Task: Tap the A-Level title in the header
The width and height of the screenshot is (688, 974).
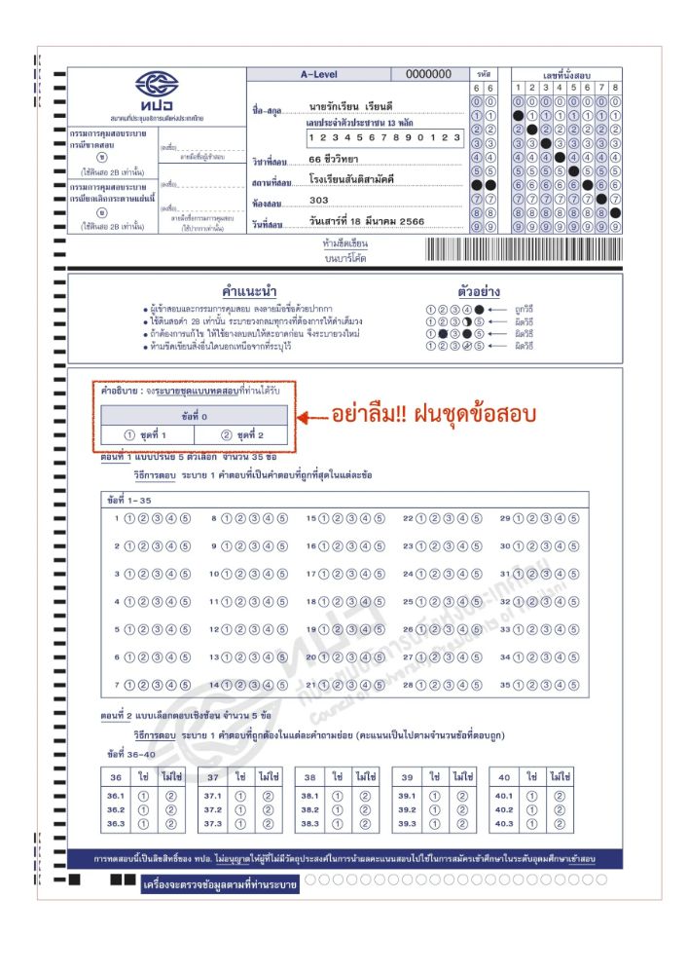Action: pyautogui.click(x=319, y=74)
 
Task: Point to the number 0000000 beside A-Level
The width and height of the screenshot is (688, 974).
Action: pyautogui.click(x=428, y=74)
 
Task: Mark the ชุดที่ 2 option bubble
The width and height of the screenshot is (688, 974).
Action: pyautogui.click(x=227, y=435)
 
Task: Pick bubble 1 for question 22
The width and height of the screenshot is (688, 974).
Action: pyautogui.click(x=422, y=518)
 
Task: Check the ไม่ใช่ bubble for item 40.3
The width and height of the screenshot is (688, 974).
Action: pyautogui.click(x=560, y=824)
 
